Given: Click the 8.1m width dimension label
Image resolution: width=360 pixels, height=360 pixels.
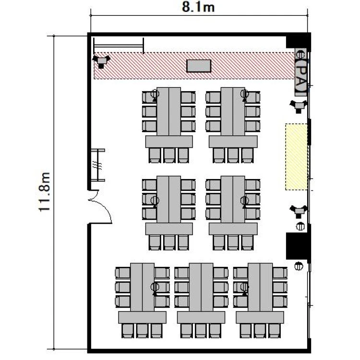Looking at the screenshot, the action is coord(198,7).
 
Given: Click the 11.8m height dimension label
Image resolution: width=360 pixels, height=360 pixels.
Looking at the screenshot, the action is coord(44,192).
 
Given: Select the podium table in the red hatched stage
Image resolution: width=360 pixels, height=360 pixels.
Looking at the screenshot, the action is coord(199,66).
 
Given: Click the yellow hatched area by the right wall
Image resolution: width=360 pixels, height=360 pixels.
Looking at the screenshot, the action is coord(297,157).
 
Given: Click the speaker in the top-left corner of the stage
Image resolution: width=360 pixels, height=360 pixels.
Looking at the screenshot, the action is coord(101,61).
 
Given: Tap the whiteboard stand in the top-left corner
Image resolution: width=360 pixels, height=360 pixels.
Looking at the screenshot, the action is coord(119,46).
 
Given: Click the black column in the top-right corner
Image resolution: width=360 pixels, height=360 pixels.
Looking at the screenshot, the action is coord(298,42).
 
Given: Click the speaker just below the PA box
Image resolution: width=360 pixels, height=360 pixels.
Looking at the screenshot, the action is coord(298,106).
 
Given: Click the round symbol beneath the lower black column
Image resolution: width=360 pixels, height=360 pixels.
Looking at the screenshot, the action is coord(299,266).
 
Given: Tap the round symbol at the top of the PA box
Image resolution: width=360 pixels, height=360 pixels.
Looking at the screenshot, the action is coord(300,55).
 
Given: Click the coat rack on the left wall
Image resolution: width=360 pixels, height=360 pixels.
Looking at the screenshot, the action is coord(98,165).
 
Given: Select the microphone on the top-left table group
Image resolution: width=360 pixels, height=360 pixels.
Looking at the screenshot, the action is coord(155,95).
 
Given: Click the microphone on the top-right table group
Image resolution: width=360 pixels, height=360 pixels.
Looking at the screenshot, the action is coord(244,95).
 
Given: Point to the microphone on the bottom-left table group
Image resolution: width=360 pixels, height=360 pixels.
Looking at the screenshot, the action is coord(155,288).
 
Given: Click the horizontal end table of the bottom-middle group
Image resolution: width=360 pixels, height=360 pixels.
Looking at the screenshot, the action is coord(201,317).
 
